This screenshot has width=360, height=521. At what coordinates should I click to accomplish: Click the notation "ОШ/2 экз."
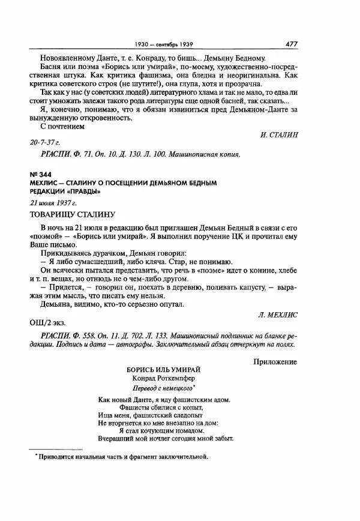[46, 322]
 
